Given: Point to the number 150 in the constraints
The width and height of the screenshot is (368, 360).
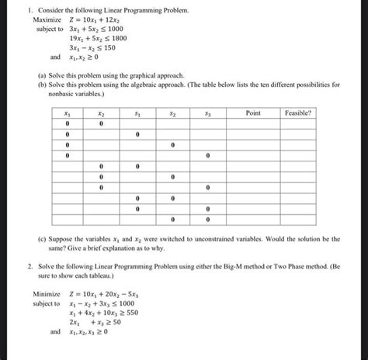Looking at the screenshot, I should [x=109, y=47].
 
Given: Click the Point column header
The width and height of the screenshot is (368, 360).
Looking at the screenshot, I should [x=252, y=112].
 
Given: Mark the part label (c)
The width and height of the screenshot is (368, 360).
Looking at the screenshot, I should [x=42, y=233].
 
